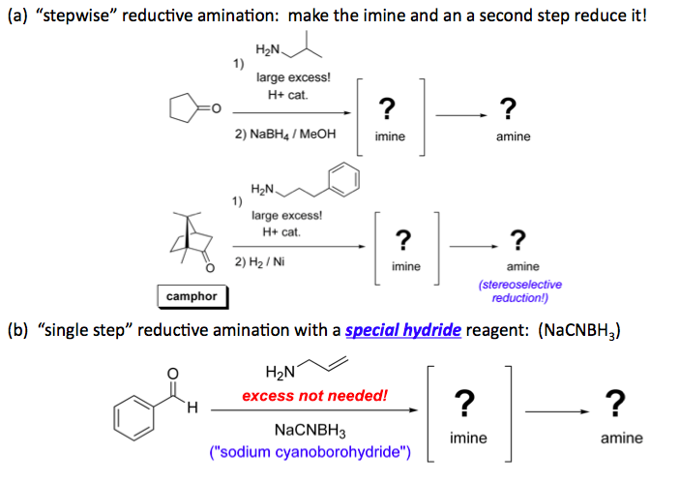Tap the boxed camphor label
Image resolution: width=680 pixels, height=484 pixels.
point(192,295)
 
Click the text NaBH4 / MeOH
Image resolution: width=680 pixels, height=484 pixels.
point(285,136)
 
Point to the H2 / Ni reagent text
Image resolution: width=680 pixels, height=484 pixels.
point(261,262)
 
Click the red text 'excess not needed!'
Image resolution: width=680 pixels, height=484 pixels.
point(314,395)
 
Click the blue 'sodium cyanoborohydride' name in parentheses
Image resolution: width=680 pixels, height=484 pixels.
point(310,451)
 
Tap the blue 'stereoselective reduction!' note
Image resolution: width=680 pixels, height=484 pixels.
point(520,291)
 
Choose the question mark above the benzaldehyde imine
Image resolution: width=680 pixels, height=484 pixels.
point(465,401)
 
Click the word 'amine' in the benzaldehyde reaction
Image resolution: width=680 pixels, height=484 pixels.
point(621,438)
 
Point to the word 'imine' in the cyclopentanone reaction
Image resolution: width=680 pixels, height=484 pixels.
point(390,136)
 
